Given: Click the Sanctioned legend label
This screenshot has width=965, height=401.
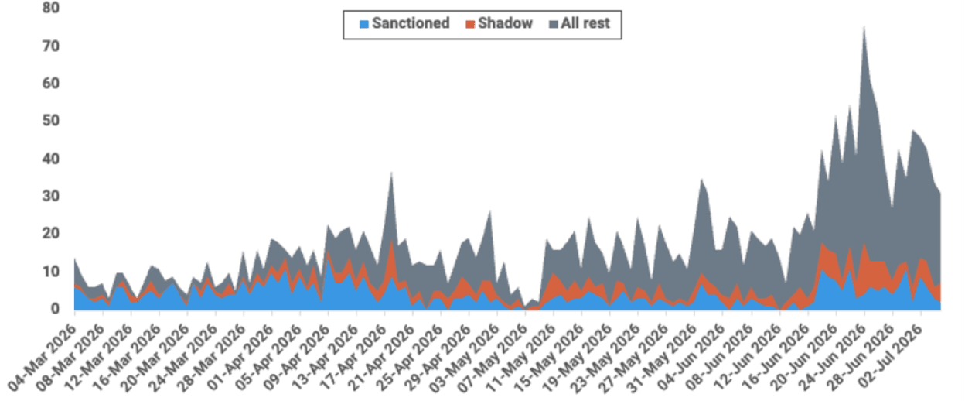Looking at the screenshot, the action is click(411, 23).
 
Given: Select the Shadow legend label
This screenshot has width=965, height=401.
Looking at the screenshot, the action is click(505, 23).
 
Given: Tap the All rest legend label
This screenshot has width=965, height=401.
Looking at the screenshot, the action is click(585, 23).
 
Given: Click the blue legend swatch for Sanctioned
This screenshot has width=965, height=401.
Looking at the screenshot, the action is click(364, 24).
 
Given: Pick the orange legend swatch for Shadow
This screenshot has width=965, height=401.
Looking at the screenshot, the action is click(470, 24).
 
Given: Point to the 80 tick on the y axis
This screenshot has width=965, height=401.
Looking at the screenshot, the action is click(51, 8).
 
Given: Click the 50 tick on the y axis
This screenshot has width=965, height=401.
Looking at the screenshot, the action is click(51, 120).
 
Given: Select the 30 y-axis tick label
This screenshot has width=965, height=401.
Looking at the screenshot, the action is click(51, 196).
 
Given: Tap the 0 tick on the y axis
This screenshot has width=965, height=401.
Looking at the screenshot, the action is click(55, 309).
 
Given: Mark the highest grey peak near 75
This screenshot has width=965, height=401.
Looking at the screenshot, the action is click(864, 28).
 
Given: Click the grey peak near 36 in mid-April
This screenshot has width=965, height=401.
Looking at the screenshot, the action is click(391, 173).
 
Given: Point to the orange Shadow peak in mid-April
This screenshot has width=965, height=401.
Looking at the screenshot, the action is click(391, 241).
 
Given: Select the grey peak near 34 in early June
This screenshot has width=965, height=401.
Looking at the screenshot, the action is click(702, 180).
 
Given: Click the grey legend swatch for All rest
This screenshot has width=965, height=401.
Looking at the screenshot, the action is click(554, 24).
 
